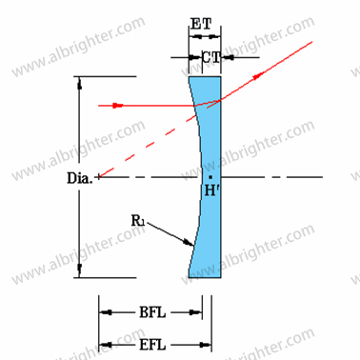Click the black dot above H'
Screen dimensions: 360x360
210,176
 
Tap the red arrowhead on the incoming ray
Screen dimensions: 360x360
120,105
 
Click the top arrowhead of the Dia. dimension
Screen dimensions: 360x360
79,82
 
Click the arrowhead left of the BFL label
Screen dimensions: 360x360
106,312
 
